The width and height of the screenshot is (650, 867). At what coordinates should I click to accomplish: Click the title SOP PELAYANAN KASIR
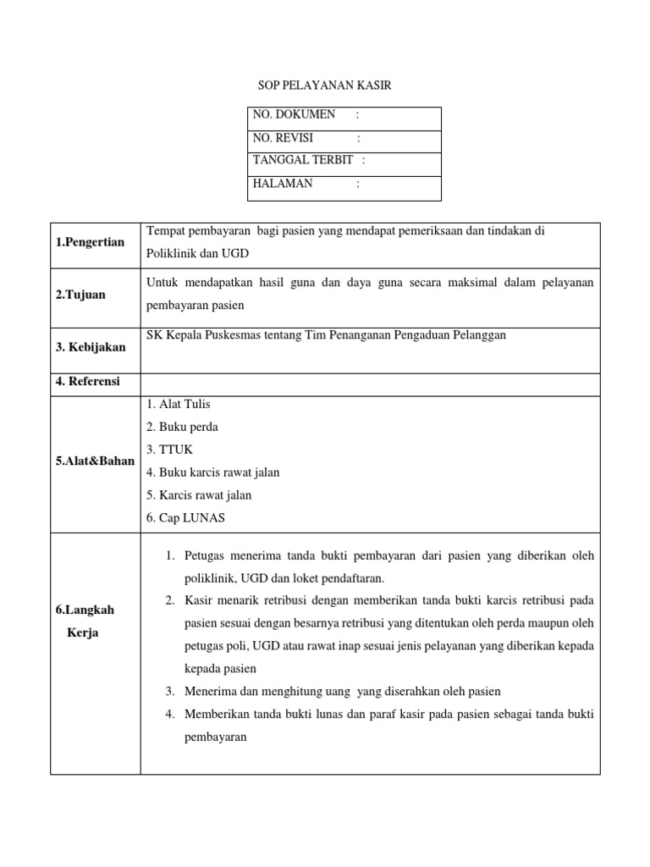point(325,86)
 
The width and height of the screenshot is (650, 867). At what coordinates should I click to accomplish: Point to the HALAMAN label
point(283,183)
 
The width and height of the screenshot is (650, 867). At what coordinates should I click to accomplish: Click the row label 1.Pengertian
point(90,242)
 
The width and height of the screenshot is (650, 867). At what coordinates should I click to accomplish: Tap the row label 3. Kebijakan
point(90,348)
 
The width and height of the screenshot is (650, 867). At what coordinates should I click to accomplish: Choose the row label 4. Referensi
point(88,382)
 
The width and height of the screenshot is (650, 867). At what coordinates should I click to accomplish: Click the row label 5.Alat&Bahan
point(95,461)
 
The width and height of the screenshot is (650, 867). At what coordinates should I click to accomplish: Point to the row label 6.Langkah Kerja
point(84,621)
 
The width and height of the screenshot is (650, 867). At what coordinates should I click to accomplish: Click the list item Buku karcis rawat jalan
point(212,472)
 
